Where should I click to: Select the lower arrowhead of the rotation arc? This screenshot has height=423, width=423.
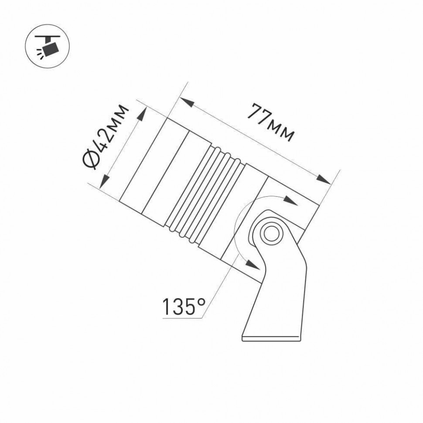coord(251,264)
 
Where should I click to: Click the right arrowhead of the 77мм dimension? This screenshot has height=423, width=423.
coord(323,179)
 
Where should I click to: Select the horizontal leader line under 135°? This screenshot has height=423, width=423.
coord(183,319)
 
